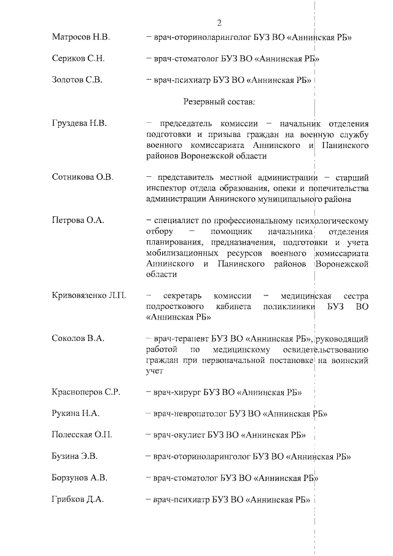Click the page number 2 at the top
point(219,23)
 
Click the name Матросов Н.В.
point(81,38)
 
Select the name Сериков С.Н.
point(77,59)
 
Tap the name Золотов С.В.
point(77,80)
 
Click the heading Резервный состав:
point(219,101)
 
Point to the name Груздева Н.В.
point(80,123)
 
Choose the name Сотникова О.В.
point(83,178)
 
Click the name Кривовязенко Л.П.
point(89,296)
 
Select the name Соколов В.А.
point(78,339)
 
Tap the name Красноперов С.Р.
point(85,392)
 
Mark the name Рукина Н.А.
point(76,413)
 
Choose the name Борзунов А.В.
point(80,477)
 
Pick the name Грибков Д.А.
point(78,499)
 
